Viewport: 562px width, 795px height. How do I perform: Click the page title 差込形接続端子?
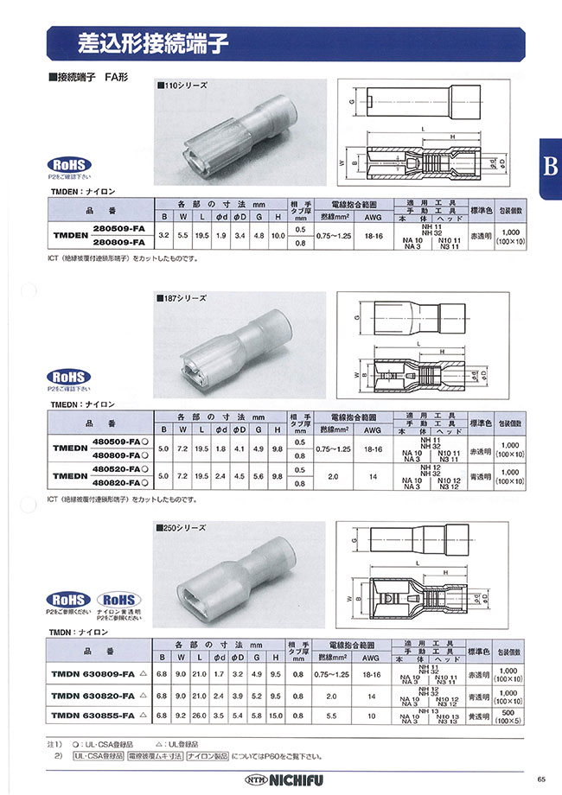144,41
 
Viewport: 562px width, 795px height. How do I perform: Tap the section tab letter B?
549,167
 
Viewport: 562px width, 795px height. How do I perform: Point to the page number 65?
540,775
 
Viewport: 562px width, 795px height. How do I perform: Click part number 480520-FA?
118,469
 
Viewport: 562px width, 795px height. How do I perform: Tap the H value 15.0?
277,715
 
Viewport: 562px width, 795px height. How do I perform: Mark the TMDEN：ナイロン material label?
85,188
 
